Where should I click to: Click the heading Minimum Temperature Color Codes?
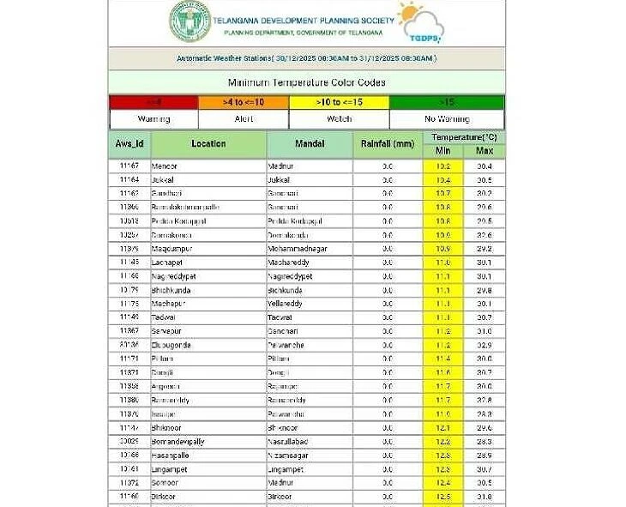(306, 82)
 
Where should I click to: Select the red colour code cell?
(153, 102)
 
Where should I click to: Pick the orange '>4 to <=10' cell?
(244, 102)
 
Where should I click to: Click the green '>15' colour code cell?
(446, 102)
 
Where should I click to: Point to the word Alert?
(244, 118)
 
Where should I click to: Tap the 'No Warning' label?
(446, 118)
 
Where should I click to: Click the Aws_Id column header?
(129, 143)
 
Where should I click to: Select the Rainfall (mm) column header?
(387, 143)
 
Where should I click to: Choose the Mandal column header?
(309, 143)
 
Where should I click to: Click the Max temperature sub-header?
(485, 151)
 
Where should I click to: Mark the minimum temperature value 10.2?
(443, 166)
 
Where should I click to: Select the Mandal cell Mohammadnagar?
(298, 249)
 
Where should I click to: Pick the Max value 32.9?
(485, 345)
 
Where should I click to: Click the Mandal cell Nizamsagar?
(291, 455)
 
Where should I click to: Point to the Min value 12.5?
(443, 496)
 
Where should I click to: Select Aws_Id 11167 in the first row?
(129, 166)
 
